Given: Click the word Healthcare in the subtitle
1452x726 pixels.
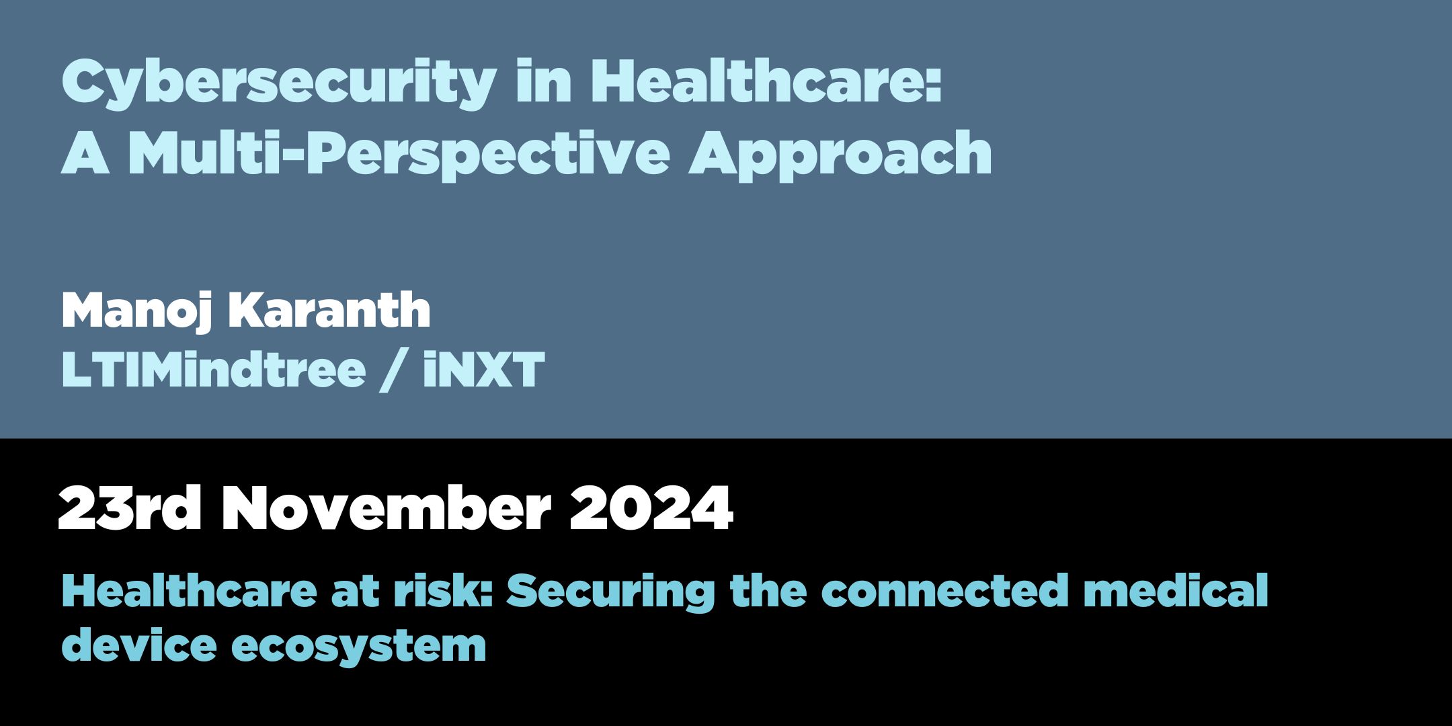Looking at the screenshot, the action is click(189, 590).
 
